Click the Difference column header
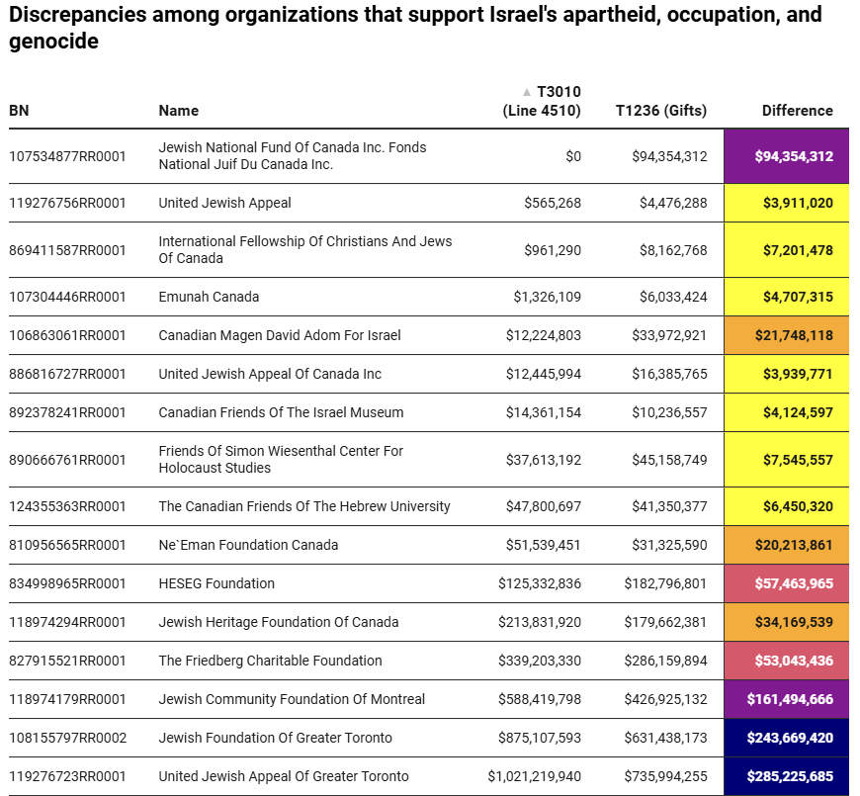tap(797, 111)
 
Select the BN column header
tap(19, 111)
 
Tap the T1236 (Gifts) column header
tap(660, 111)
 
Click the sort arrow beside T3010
tap(527, 92)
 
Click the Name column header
tap(178, 111)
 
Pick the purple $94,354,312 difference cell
tap(787, 156)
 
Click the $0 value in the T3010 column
tap(572, 156)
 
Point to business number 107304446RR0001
tap(67, 297)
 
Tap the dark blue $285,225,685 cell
tap(787, 776)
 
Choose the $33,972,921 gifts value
tap(669, 335)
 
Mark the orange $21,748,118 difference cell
tap(787, 335)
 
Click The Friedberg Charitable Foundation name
tap(272, 661)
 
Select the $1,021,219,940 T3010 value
tap(534, 776)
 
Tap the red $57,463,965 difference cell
tap(787, 583)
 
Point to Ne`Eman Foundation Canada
tap(248, 545)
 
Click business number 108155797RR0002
tap(67, 738)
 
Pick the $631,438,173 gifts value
tap(665, 738)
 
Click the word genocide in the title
tap(53, 42)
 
